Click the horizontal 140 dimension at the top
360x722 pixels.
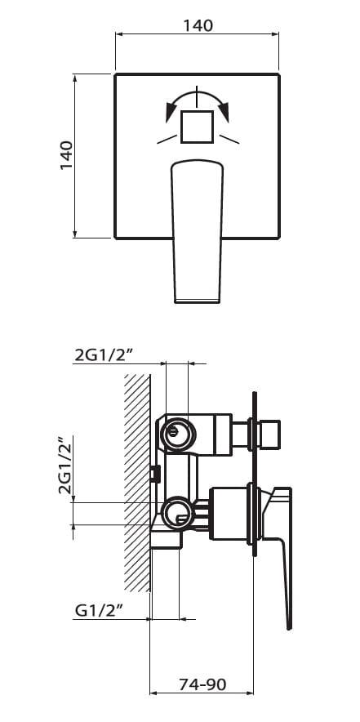coord(198,26)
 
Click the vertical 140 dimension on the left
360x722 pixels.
coord(66,155)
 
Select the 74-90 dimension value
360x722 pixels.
coord(202,684)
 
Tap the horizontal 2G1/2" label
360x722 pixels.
coord(103,355)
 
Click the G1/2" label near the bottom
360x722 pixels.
coord(99,611)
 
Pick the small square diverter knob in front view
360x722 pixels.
coord(197,127)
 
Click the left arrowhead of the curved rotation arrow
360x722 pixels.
coord(171,112)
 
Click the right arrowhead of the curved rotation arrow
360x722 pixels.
coord(224,112)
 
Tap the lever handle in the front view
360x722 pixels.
coord(197,231)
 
